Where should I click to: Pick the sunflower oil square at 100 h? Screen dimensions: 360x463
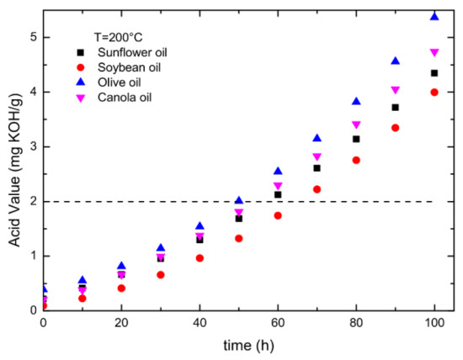(x=434, y=73)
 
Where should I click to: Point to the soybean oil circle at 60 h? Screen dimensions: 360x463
(x=278, y=215)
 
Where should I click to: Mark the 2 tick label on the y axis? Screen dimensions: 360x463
(x=32, y=201)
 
